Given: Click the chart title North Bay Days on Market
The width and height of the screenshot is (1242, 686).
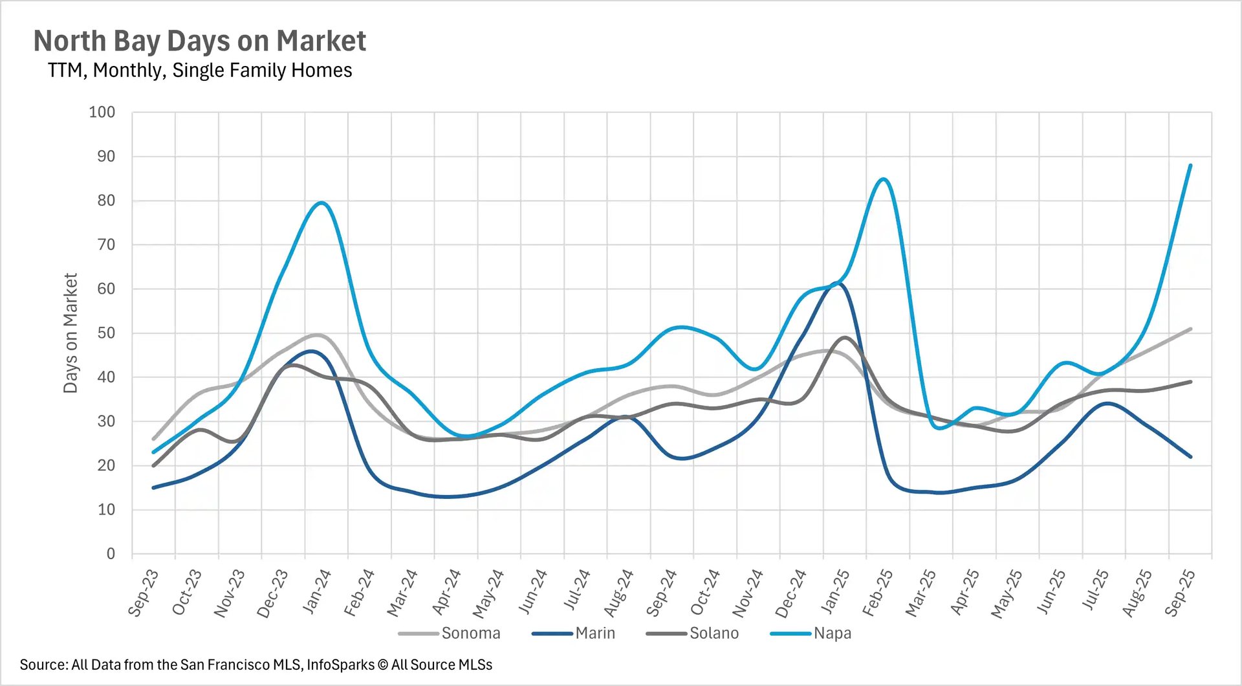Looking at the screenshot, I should (x=199, y=41).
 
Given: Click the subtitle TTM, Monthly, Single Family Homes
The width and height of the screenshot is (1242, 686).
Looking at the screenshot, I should (x=199, y=70).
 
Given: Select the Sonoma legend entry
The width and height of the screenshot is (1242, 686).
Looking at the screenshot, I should (x=470, y=633).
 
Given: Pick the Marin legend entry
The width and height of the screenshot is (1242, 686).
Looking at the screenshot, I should (x=594, y=633).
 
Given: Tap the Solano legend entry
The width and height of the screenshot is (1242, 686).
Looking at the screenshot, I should (x=714, y=633).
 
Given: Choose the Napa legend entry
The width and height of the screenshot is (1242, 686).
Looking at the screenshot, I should (x=832, y=633).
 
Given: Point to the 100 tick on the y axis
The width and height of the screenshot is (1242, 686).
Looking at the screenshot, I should (x=102, y=112).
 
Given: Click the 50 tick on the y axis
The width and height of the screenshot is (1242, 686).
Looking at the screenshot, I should (x=106, y=333).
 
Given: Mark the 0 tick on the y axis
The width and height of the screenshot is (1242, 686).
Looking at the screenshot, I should (x=111, y=553).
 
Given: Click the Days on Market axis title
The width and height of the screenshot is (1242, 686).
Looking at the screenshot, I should (x=70, y=333).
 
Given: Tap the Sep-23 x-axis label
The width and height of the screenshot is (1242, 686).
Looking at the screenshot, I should (x=143, y=592).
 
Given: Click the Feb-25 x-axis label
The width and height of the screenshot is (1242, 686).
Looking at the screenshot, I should (x=877, y=592).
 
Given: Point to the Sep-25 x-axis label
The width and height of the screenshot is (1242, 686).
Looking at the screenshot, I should (x=1179, y=592).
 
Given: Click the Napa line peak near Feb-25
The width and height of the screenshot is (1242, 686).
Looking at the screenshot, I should (x=884, y=179).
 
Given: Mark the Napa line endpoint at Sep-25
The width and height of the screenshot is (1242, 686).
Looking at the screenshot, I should (x=1190, y=166).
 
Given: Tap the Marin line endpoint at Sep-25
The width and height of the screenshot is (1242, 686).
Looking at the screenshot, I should (x=1190, y=456).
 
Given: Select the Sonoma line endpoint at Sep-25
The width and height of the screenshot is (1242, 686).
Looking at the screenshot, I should (x=1190, y=329).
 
